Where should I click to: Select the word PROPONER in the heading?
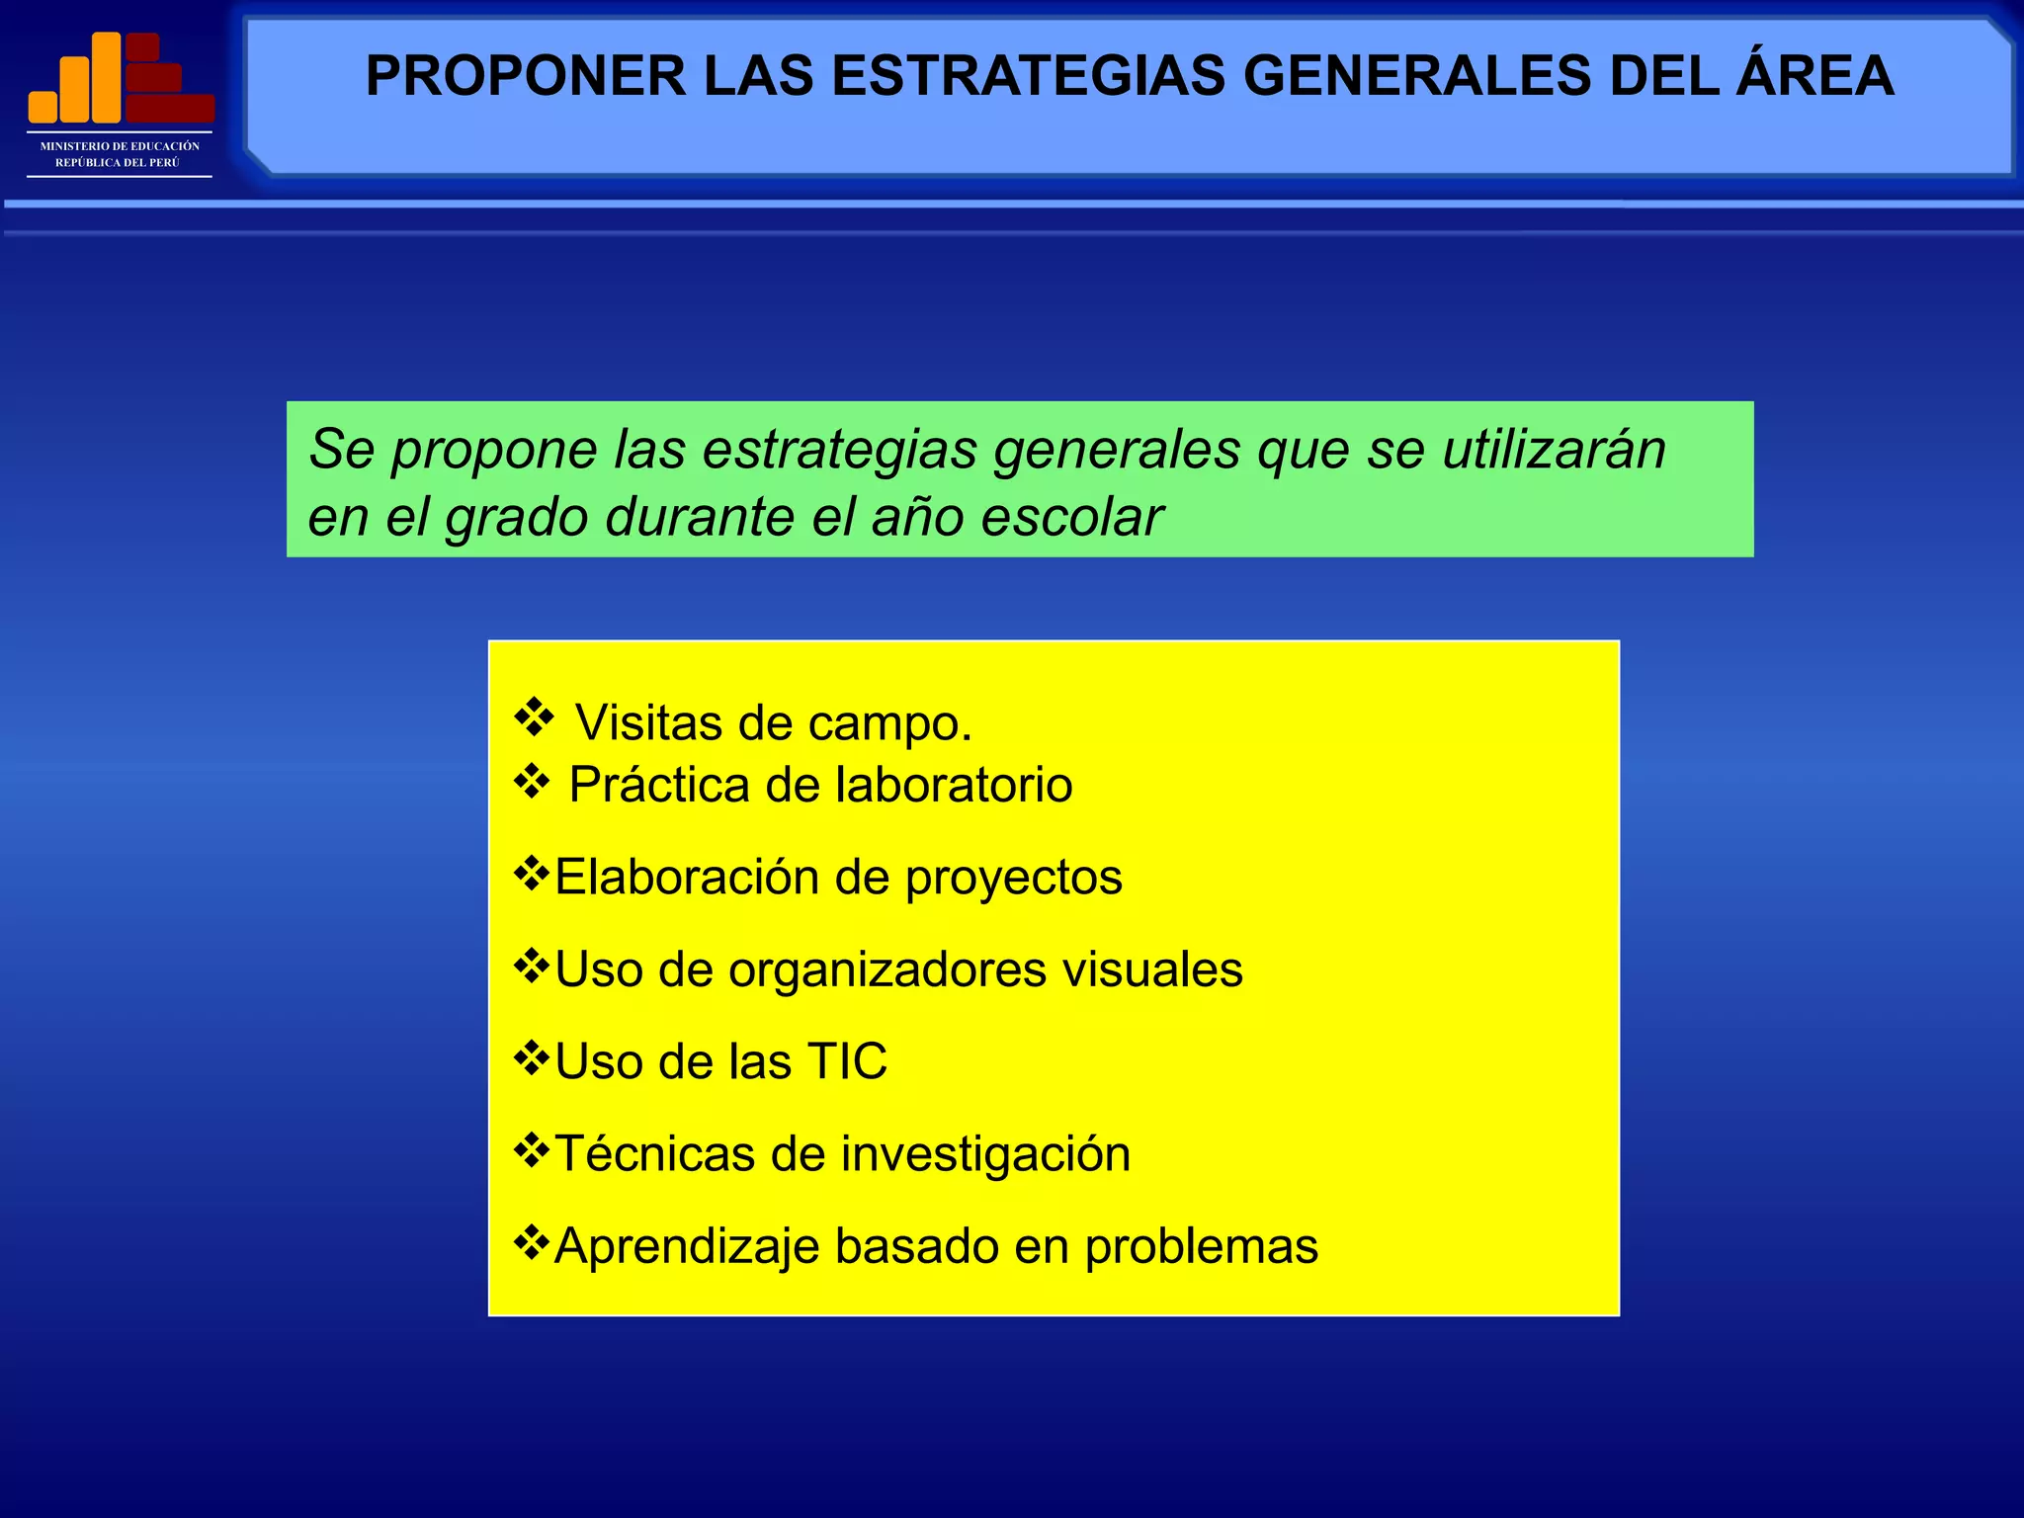click(525, 76)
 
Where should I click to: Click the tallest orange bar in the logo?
click(107, 77)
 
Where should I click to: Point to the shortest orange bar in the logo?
click(42, 106)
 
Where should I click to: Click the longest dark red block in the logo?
click(170, 108)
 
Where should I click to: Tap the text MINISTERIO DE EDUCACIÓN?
click(120, 146)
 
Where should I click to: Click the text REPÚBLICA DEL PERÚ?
click(118, 162)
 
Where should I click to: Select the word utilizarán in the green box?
click(1554, 450)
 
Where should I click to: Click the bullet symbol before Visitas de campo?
click(534, 717)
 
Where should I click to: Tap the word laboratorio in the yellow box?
click(953, 785)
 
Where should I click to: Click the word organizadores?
click(886, 970)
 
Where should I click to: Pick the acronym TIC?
click(847, 1061)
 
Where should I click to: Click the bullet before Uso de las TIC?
click(532, 1058)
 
